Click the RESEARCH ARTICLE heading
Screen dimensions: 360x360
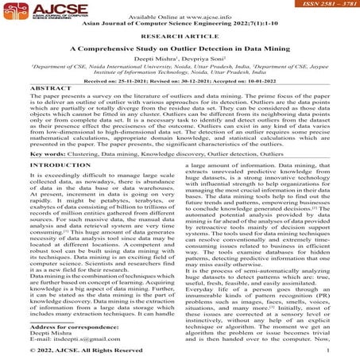(180, 36)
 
